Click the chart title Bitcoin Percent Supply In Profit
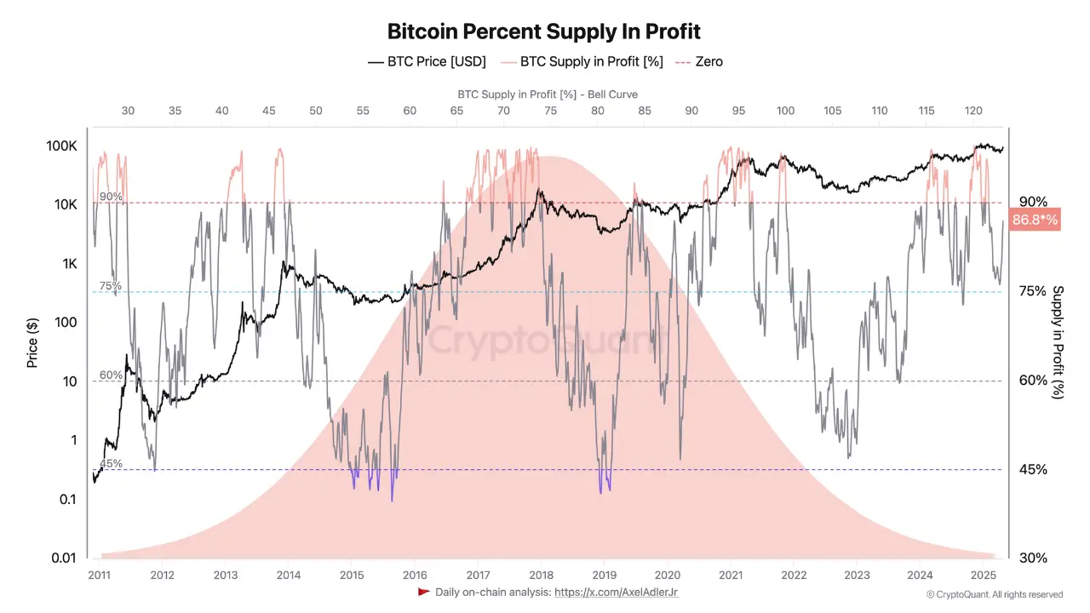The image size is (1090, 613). click(x=544, y=32)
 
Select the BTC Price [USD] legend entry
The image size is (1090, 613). click(x=427, y=61)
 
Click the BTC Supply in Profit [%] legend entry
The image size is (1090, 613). click(x=581, y=61)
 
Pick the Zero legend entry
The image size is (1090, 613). click(x=699, y=61)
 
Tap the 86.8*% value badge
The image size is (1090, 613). click(x=1035, y=221)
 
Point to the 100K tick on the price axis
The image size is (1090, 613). click(x=62, y=146)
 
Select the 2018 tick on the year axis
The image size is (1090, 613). click(x=541, y=575)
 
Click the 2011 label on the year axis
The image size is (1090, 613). click(x=100, y=575)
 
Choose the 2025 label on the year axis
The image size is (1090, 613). click(x=983, y=575)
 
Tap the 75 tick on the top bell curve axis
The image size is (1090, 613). click(x=550, y=111)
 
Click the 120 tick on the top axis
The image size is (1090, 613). click(x=973, y=111)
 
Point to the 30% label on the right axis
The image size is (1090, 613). click(x=1033, y=558)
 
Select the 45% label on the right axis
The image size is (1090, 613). click(x=1033, y=469)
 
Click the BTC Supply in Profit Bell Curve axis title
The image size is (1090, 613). click(x=548, y=95)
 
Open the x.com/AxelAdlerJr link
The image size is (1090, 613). click(x=616, y=592)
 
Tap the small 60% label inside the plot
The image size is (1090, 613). click(x=111, y=375)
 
